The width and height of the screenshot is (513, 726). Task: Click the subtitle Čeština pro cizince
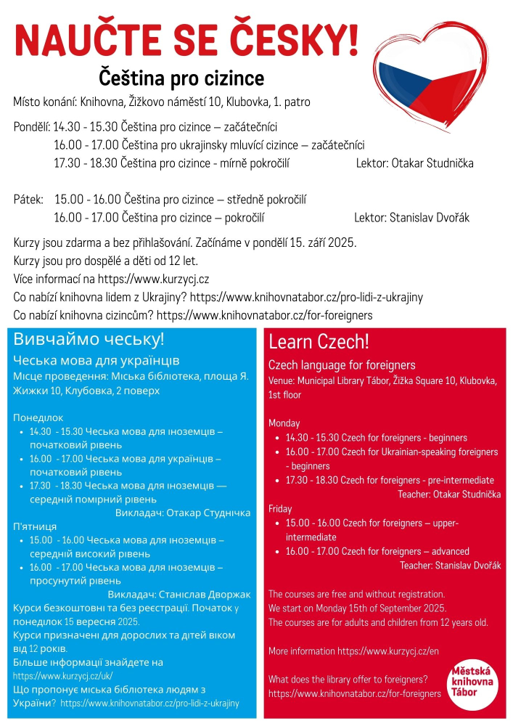click(x=181, y=78)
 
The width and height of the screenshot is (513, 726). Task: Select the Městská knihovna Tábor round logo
click(x=472, y=680)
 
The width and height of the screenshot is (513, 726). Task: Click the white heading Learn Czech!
click(x=319, y=341)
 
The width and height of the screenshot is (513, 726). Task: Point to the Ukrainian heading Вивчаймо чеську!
click(x=89, y=339)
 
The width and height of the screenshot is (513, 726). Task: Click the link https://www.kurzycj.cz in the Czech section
click(x=154, y=279)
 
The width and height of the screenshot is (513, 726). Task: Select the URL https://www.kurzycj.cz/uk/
click(x=63, y=675)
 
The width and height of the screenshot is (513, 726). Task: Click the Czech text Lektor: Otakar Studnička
click(x=414, y=163)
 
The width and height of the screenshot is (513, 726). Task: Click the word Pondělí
click(x=31, y=126)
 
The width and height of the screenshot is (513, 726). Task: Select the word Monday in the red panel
click(x=284, y=423)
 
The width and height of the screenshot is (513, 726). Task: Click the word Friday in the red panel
click(x=282, y=508)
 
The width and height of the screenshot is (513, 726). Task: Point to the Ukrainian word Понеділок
click(x=38, y=417)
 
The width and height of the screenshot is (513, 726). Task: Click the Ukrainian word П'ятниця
click(x=35, y=526)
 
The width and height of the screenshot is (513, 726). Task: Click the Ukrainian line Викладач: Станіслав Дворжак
click(x=178, y=594)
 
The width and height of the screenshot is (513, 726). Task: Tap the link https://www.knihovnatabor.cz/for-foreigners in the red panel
click(x=354, y=693)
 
